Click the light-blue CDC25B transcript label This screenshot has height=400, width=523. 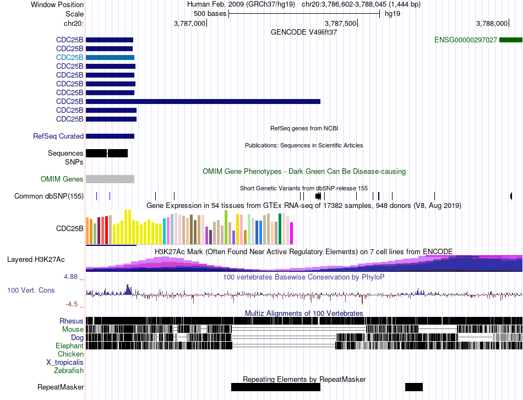click(x=70, y=57)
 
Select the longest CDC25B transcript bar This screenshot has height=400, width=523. click(x=203, y=101)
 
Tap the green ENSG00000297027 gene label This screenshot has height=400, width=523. click(x=466, y=40)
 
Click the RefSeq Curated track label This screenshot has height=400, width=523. click(x=58, y=136)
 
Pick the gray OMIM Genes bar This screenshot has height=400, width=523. click(x=110, y=179)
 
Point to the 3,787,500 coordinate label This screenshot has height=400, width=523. click(x=340, y=23)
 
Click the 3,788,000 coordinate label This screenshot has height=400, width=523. click(x=492, y=23)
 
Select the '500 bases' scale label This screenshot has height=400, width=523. click(x=210, y=14)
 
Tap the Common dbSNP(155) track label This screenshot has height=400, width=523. click(x=49, y=196)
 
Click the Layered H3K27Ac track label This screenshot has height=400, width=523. click(x=36, y=259)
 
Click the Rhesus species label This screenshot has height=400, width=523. click(x=72, y=321)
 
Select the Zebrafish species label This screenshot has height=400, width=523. click(x=69, y=370)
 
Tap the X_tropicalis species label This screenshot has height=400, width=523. click(x=65, y=363)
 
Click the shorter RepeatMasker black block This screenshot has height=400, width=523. click(x=414, y=387)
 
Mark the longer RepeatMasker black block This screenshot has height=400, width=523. click(x=276, y=387)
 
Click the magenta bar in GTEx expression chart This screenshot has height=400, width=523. click(x=292, y=233)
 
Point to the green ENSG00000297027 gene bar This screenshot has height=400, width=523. click(x=511, y=40)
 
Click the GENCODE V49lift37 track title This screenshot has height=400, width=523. click(x=304, y=32)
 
